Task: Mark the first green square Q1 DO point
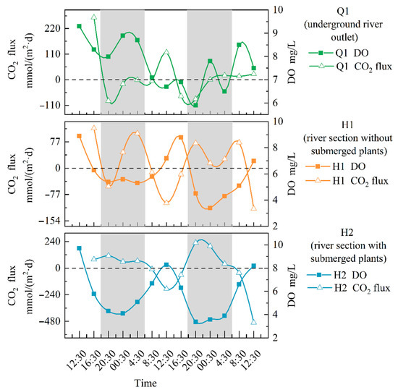click(79, 26)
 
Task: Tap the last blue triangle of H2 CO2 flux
click(253, 322)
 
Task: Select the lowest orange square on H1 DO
click(210, 208)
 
